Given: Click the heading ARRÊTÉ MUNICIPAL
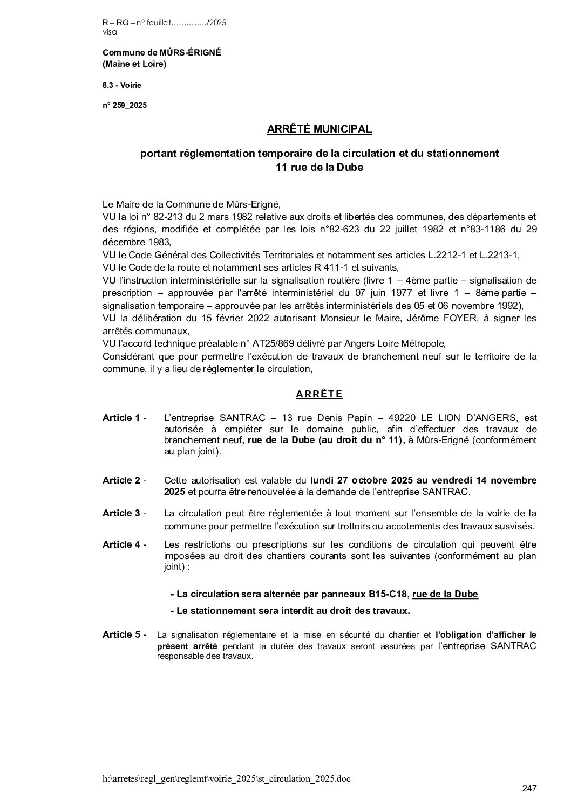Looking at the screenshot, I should (319, 129).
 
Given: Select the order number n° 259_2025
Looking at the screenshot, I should (124, 106).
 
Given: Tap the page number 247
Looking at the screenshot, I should (529, 789).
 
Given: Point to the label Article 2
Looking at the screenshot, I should (123, 480).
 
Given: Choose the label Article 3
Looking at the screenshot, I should (123, 513).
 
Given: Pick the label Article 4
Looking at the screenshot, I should (123, 544).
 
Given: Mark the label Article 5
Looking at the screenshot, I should (123, 634).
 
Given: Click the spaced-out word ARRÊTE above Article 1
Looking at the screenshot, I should (319, 394).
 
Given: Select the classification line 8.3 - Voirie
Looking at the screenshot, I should (122, 85).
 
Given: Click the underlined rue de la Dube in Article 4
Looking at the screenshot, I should (445, 595).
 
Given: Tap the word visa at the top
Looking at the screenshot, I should (109, 32).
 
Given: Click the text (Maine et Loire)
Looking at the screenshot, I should (134, 65).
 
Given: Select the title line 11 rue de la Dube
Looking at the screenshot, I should (319, 168).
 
